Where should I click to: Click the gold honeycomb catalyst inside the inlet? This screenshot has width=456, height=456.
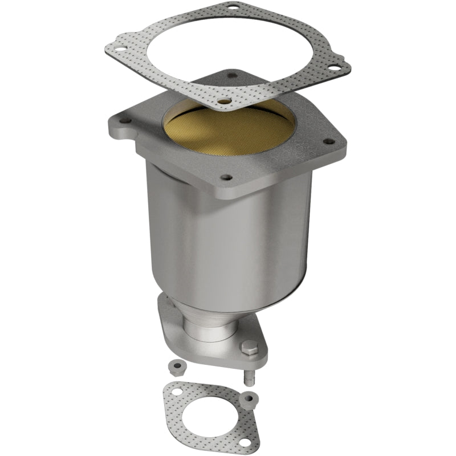(228, 134)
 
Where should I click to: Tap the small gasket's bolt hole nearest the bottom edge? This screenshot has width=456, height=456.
(245, 442)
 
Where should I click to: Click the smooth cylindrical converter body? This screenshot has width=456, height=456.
(228, 239)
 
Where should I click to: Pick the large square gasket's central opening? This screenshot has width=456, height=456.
(228, 51)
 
